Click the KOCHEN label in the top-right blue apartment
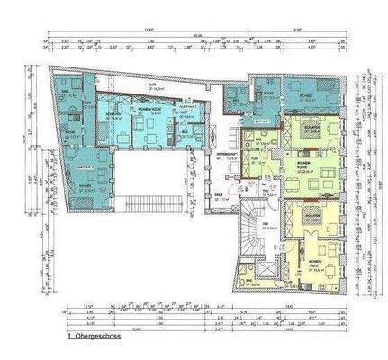(268, 93)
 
